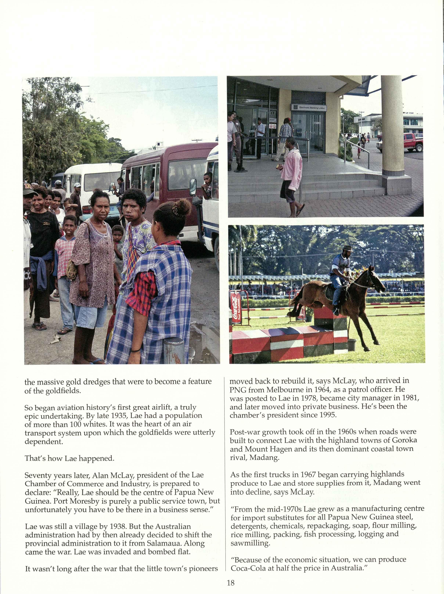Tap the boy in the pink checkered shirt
tap(65, 255)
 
